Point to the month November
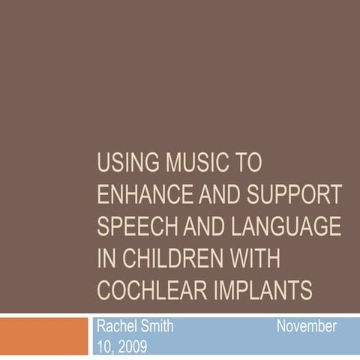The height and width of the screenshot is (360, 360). (306, 328)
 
